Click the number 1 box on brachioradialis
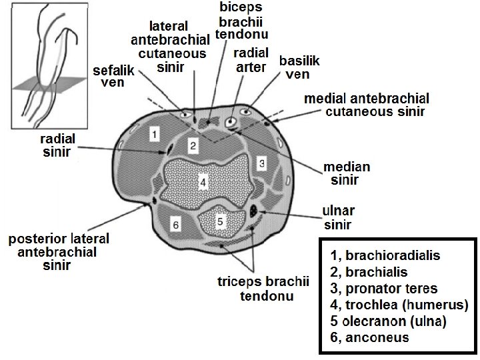155,135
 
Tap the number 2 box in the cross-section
193,146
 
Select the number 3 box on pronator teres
263,163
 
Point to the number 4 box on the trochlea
204,181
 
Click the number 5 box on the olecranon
222,219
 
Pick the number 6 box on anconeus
175,225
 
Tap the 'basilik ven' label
299,67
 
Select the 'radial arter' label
251,59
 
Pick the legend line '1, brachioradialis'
385,256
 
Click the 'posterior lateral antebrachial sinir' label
58,251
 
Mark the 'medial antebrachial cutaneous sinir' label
366,104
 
